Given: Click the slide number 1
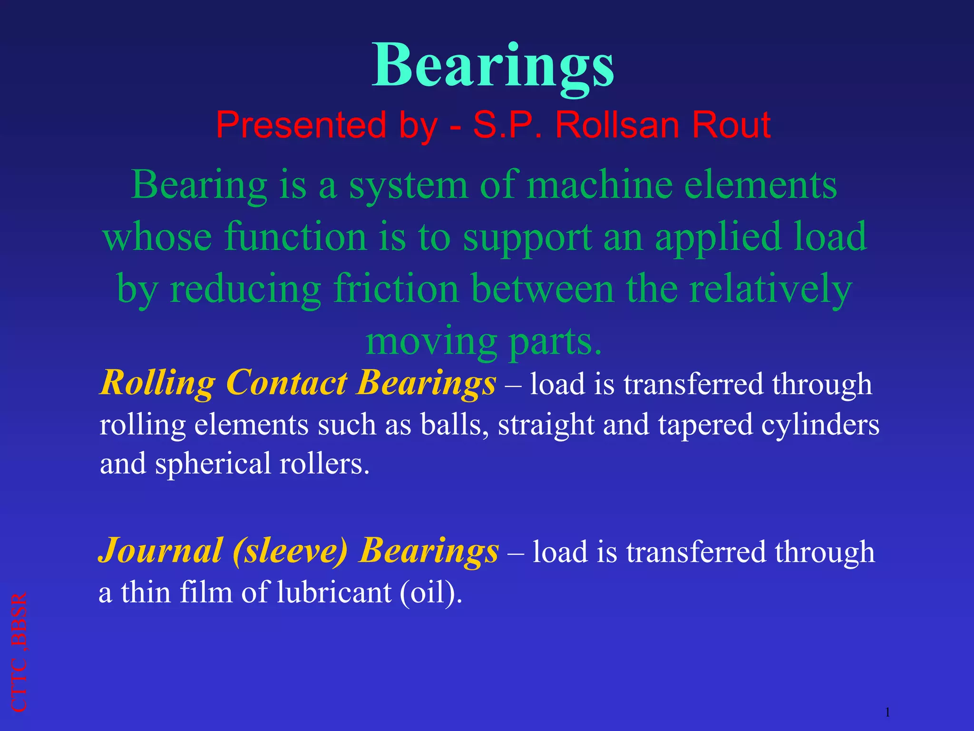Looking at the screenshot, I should [x=887, y=712].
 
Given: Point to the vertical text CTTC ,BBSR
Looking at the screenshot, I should [x=19, y=652].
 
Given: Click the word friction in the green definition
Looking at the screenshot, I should [x=396, y=288].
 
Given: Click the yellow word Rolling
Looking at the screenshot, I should [x=157, y=383].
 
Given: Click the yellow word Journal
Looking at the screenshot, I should [x=160, y=551].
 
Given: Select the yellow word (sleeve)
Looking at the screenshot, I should [x=290, y=551].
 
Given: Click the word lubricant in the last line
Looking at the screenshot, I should [x=334, y=593].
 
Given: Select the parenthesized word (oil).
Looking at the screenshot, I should [x=430, y=593].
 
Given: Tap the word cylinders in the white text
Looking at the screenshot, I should [x=820, y=425].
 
